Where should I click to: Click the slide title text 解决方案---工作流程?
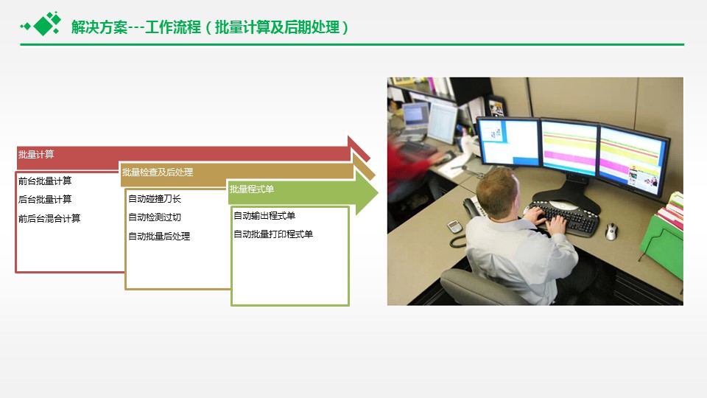tap(136, 27)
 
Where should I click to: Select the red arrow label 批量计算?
tap(36, 154)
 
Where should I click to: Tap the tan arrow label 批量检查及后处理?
tap(158, 172)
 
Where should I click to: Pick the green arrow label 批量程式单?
tap(252, 189)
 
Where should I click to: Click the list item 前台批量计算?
tap(45, 181)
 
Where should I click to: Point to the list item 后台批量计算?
tap(45, 199)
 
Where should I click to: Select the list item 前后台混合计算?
tap(49, 218)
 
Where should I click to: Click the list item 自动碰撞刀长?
tap(155, 198)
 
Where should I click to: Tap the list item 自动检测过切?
tap(155, 217)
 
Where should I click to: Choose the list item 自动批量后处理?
tap(159, 236)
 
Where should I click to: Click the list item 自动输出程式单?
tap(264, 216)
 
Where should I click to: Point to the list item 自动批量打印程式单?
tap(273, 234)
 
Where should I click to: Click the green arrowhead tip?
tap(378, 192)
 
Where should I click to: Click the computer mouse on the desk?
tap(611, 231)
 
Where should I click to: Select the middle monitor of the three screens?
tap(569, 147)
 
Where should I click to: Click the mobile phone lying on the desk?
tap(454, 226)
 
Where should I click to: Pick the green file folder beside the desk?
tap(662, 245)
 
